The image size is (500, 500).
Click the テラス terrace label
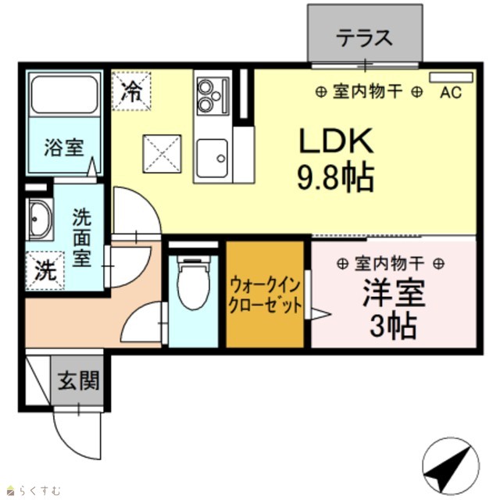(x=364, y=37)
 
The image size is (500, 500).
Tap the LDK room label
(x=336, y=141)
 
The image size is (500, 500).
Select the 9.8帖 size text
(x=335, y=177)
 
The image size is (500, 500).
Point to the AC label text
(x=451, y=92)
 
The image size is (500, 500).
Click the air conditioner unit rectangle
(x=451, y=77)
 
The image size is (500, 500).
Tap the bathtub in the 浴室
(x=64, y=95)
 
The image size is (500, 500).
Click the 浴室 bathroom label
(x=64, y=148)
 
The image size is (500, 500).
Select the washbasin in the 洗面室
(x=40, y=220)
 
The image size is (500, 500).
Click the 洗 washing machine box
(x=45, y=271)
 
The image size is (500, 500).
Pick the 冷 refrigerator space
(x=131, y=91)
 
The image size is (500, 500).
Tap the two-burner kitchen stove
(x=212, y=96)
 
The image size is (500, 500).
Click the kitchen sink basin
(x=212, y=159)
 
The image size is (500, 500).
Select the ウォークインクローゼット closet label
(x=265, y=295)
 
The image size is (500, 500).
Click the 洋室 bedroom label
(x=394, y=292)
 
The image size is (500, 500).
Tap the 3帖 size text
(x=393, y=327)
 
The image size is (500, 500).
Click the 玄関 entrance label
(x=78, y=380)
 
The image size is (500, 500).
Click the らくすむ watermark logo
(x=34, y=490)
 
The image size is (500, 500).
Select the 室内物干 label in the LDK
(x=368, y=92)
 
